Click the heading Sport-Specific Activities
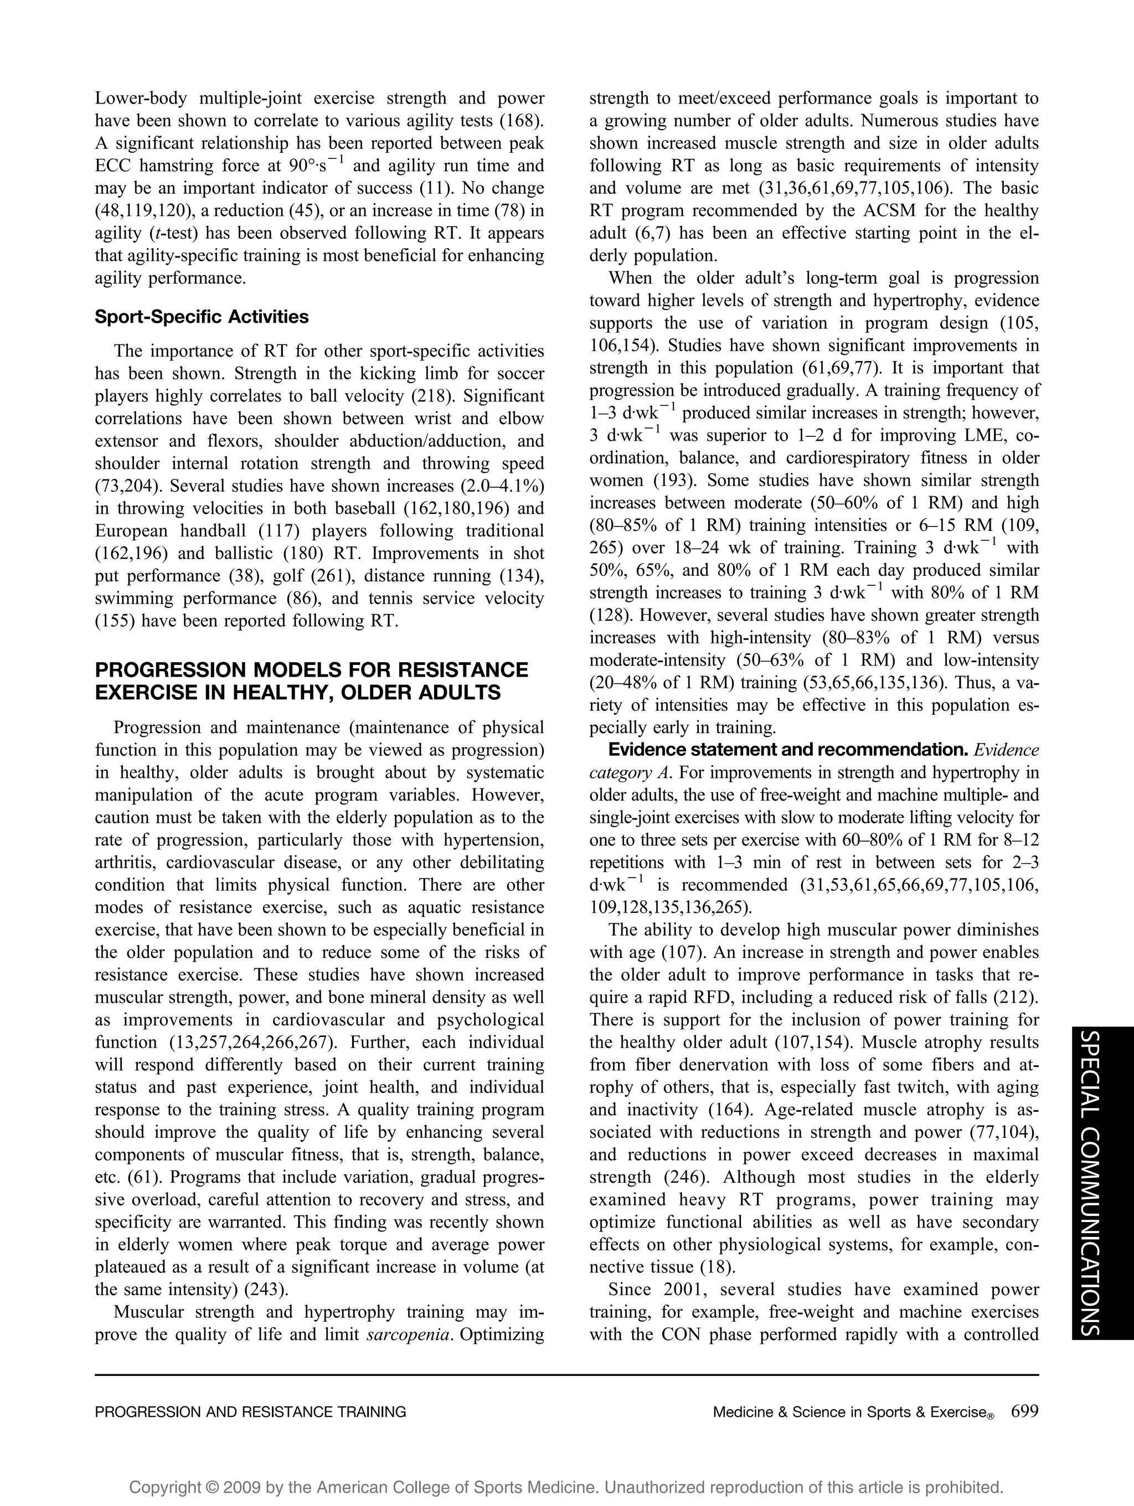click(x=202, y=317)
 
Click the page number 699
click(x=1024, y=1411)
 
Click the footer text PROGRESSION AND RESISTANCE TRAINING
click(x=250, y=1412)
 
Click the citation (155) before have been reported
click(x=116, y=621)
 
